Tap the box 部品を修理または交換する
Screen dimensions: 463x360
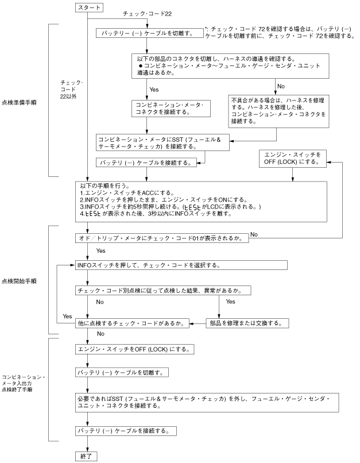coord(246,323)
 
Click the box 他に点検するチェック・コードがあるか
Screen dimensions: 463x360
coord(133,323)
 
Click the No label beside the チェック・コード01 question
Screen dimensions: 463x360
coord(254,234)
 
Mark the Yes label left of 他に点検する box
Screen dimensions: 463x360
coord(67,317)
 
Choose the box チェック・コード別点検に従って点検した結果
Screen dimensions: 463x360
coord(165,291)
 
